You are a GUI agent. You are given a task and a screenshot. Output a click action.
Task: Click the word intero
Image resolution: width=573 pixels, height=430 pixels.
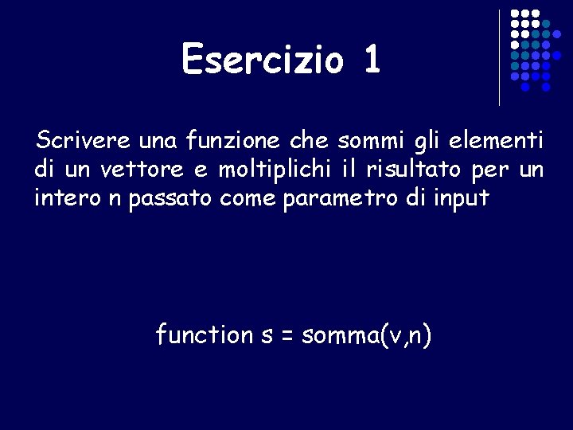point(64,197)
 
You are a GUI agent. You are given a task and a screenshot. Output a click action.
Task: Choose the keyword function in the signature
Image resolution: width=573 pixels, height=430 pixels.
point(204,334)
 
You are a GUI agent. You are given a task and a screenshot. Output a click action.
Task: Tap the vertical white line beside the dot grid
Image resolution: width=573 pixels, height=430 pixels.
point(499,57)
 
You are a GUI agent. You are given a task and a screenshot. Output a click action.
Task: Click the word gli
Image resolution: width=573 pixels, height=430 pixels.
point(424,143)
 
